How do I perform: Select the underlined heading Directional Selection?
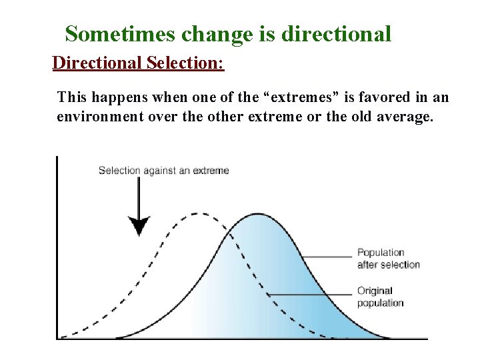coord(138,63)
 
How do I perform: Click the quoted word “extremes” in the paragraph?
coord(299,98)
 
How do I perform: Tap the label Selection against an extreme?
coord(163,170)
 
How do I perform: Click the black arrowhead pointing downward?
coord(139,227)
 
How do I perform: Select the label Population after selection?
coord(388,258)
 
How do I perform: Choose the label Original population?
coord(380,297)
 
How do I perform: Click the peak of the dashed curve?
coord(195,213)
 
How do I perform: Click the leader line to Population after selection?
coord(327,257)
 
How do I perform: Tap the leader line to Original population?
coord(310,294)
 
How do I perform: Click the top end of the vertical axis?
coord(57,158)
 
